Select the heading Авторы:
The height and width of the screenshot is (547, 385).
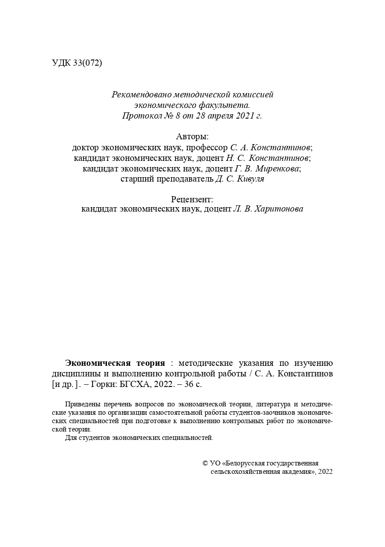tap(192, 137)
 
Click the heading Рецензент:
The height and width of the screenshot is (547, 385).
tap(192, 199)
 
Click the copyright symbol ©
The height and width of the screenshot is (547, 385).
tap(205, 463)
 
